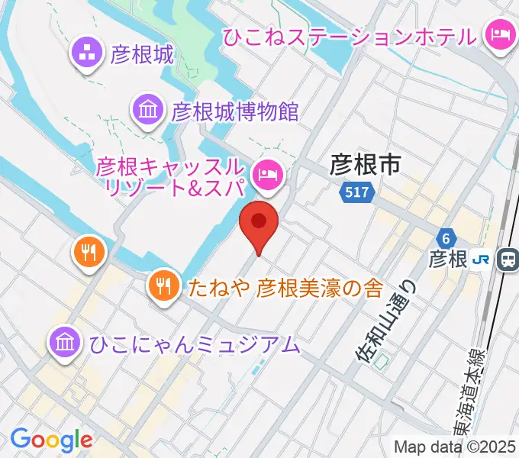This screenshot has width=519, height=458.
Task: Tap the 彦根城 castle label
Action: pyautogui.click(x=142, y=54)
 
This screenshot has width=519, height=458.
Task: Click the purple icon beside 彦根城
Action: pyautogui.click(x=86, y=53)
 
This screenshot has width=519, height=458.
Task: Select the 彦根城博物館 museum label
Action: pyautogui.click(x=234, y=111)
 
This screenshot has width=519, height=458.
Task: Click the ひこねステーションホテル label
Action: pyautogui.click(x=350, y=35)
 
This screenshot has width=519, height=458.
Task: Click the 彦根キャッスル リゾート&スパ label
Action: pyautogui.click(x=170, y=176)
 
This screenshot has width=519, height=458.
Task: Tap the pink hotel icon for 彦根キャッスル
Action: pyautogui.click(x=268, y=175)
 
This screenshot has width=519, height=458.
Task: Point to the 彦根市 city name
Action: pyautogui.click(x=365, y=163)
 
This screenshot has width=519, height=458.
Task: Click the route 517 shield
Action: pyautogui.click(x=358, y=194)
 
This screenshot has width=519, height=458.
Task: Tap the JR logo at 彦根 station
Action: pyautogui.click(x=480, y=260)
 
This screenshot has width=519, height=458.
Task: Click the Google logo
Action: pyautogui.click(x=51, y=439)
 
